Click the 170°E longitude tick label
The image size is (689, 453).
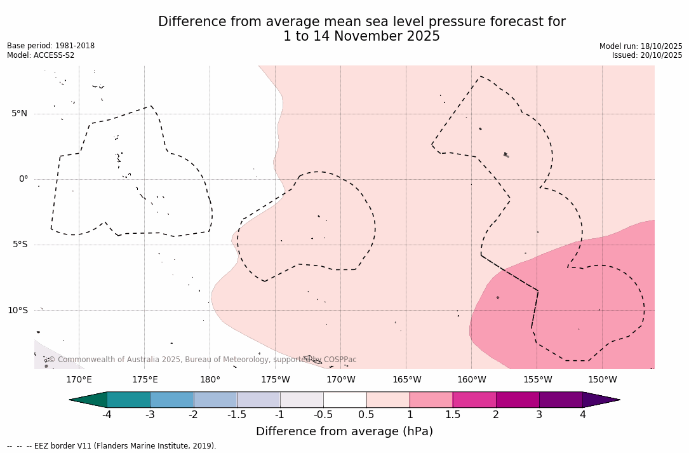coord(79,380)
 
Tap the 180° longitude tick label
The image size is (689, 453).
coord(210,380)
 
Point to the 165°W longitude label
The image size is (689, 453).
coord(406,380)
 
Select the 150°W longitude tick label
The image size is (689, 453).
coord(603,380)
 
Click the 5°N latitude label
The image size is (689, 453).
coord(19,114)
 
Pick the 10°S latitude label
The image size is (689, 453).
coord(17,311)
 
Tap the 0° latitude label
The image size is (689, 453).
coord(23,179)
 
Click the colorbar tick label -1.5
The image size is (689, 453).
coord(237,415)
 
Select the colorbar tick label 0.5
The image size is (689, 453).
coord(366,415)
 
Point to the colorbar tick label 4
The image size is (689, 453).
coord(582,415)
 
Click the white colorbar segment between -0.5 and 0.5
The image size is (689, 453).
coord(345,400)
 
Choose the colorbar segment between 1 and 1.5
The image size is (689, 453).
coord(431,400)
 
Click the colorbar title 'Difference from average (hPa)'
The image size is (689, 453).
coord(344,432)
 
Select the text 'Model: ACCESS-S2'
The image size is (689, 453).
coord(41,55)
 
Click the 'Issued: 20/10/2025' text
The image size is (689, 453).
coord(647,55)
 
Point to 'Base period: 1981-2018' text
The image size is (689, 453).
coord(51,46)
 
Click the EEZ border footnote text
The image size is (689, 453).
coord(111,446)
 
